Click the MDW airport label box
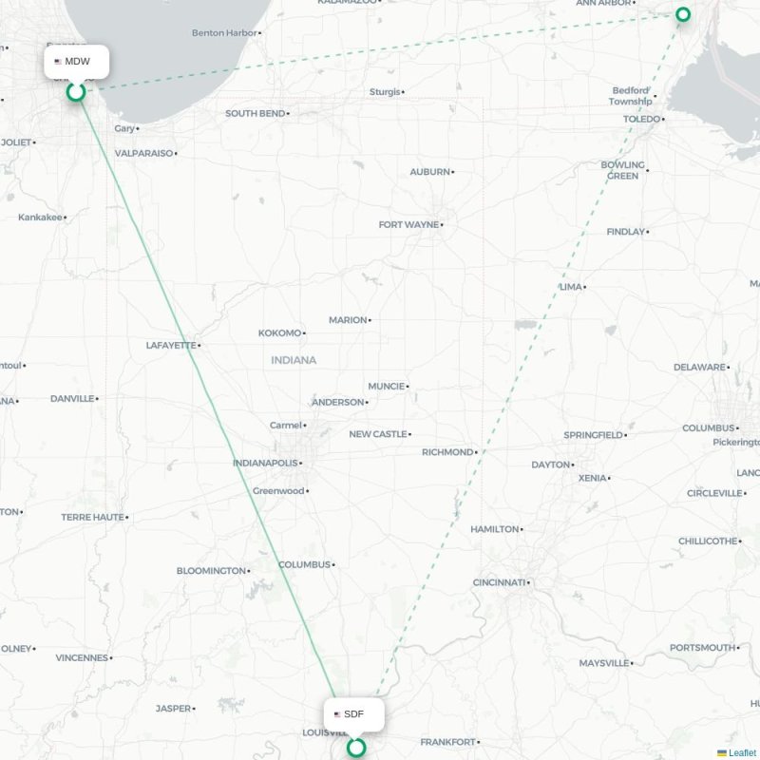tap(76, 62)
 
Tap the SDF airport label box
tap(354, 713)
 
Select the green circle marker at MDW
tap(76, 91)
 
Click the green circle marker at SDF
tap(356, 748)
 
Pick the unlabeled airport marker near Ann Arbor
tap(683, 14)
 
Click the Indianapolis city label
tap(265, 464)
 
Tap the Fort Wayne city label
tap(408, 225)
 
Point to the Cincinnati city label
tap(499, 582)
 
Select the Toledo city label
tap(641, 119)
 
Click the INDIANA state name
tap(294, 360)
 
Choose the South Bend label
tap(255, 114)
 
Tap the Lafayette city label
tap(171, 345)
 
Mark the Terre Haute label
tap(92, 518)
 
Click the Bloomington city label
tap(211, 571)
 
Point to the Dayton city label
tap(550, 465)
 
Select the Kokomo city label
tap(279, 333)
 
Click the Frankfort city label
tap(447, 742)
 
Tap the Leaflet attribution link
tap(742, 752)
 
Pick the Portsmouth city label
tap(703, 648)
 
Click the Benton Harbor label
tap(224, 33)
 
